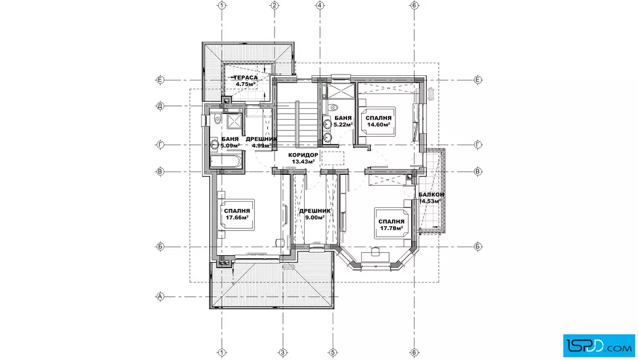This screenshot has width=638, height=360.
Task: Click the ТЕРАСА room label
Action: coord(246,77)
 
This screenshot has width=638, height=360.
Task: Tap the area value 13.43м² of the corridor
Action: coord(303,162)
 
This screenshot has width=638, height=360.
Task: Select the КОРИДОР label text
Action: coord(303,155)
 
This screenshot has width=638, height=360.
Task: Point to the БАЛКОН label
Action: coord(431,194)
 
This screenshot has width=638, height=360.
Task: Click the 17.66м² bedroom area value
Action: coord(237,217)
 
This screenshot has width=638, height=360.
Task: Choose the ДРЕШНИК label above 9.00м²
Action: coord(315,211)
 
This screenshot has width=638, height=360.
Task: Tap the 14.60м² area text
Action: coord(379,125)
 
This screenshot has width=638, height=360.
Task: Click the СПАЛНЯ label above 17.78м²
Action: coord(391,222)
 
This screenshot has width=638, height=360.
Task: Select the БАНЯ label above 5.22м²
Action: coord(343,118)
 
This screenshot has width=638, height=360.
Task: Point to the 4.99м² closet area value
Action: coord(261,145)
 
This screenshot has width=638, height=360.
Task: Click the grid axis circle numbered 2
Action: coord(275,5)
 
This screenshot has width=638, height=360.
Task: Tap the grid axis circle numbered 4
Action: coord(320,5)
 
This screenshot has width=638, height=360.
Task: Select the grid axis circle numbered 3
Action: coord(283,352)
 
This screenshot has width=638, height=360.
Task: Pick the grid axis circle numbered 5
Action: coord(333,352)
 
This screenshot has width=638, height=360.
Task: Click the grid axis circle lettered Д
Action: coord(160,106)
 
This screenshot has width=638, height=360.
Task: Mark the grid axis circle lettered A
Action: coord(160,297)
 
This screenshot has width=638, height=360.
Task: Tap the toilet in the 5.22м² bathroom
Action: coord(334,108)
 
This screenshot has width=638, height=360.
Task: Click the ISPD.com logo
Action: coord(599,346)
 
